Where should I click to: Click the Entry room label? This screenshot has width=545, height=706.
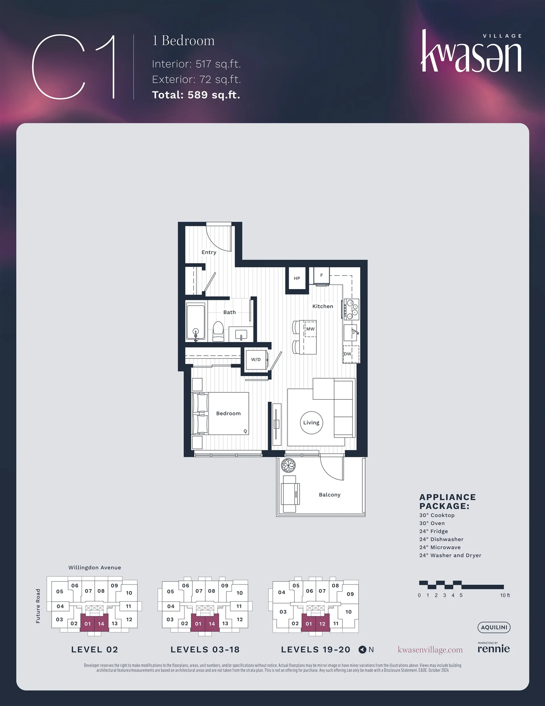click(x=209, y=252)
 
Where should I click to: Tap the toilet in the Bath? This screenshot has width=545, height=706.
click(x=218, y=331)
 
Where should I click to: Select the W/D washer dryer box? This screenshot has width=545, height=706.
click(x=257, y=359)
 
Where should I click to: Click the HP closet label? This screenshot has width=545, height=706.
click(x=297, y=278)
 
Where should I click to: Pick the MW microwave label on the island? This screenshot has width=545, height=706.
click(x=311, y=329)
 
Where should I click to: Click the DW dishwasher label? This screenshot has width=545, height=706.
click(x=347, y=354)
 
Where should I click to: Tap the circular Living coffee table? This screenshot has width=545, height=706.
click(x=311, y=422)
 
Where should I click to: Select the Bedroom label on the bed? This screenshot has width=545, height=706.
click(x=229, y=413)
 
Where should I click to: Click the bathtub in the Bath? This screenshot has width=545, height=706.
click(x=196, y=322)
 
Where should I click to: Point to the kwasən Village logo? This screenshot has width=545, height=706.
click(x=471, y=51)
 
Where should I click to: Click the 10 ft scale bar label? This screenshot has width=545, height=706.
click(x=505, y=595)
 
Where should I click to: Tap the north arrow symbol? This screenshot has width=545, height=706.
click(x=362, y=649)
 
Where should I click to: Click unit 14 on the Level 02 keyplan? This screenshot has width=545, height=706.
click(x=101, y=624)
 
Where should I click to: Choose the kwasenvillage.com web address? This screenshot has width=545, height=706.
click(x=430, y=650)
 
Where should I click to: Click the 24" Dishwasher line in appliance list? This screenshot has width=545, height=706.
click(x=441, y=539)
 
